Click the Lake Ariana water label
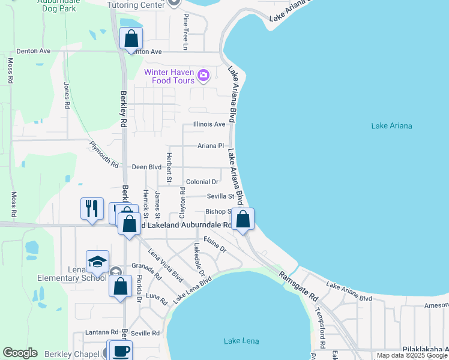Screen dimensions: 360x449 pyautogui.click(x=391, y=125)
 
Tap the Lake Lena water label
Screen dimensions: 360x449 pyautogui.click(x=241, y=341)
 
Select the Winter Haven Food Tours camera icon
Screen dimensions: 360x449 pyautogui.click(x=203, y=75)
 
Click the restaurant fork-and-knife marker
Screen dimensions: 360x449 pyautogui.click(x=92, y=209)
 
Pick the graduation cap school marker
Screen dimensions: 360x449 pyautogui.click(x=97, y=262)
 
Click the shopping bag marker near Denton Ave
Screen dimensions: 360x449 pyautogui.click(x=131, y=39)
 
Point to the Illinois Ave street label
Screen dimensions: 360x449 pyautogui.click(x=209, y=124)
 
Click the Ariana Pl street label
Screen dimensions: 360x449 pyautogui.click(x=211, y=146)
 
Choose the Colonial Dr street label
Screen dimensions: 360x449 pyautogui.click(x=202, y=182)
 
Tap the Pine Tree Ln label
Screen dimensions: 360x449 pyautogui.click(x=186, y=32)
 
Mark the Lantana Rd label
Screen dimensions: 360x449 pyautogui.click(x=101, y=332)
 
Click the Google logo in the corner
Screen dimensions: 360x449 pyautogui.click(x=20, y=353)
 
